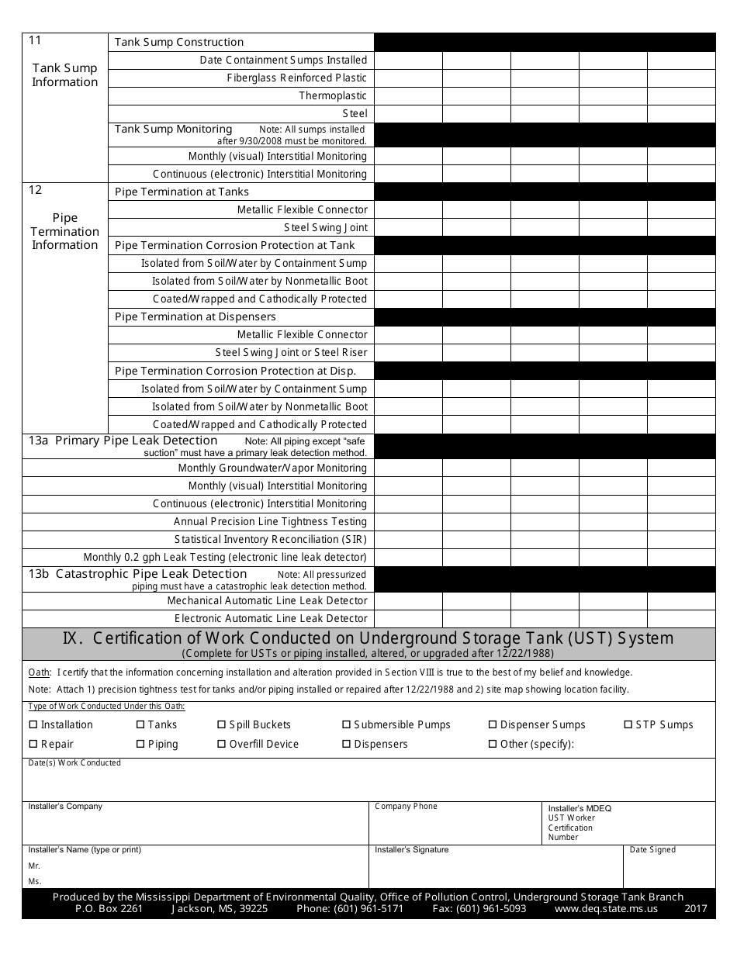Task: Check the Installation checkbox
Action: [x=33, y=725]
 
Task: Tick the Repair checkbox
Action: [x=33, y=745]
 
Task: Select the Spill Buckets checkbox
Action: [x=221, y=725]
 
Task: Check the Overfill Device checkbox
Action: [x=221, y=745]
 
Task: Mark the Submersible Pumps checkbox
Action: [x=346, y=725]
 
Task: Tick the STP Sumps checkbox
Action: [x=628, y=725]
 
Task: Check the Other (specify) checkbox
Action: [x=492, y=745]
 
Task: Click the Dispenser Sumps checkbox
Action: [x=492, y=725]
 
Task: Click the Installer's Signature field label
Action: [x=411, y=850]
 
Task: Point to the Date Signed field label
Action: [x=652, y=850]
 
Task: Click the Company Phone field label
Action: [x=406, y=807]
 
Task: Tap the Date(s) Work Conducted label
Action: [x=74, y=763]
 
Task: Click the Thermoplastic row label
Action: [x=333, y=96]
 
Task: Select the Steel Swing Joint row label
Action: [x=325, y=228]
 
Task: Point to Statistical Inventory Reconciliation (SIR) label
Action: [x=270, y=540]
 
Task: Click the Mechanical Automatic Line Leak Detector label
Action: [x=267, y=601]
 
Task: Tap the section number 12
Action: [x=35, y=191]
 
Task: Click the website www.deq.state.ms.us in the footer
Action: [x=606, y=909]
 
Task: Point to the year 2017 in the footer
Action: [x=696, y=909]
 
